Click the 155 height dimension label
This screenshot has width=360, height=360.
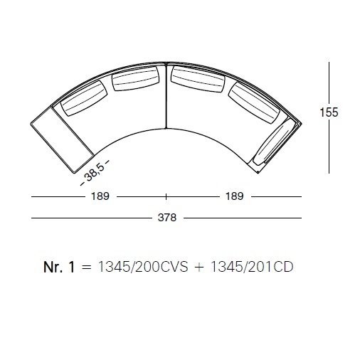tap(329, 112)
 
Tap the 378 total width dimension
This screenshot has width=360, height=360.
tap(167, 218)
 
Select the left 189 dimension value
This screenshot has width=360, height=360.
tap(100, 196)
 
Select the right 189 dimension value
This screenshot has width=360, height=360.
tap(235, 196)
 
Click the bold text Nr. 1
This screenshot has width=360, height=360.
tap(59, 267)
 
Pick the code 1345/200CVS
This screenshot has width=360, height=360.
tap(143, 267)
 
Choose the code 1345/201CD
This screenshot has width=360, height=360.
tap(252, 267)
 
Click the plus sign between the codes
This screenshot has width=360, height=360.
tap(199, 268)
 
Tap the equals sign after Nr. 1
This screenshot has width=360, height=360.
tap(86, 268)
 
